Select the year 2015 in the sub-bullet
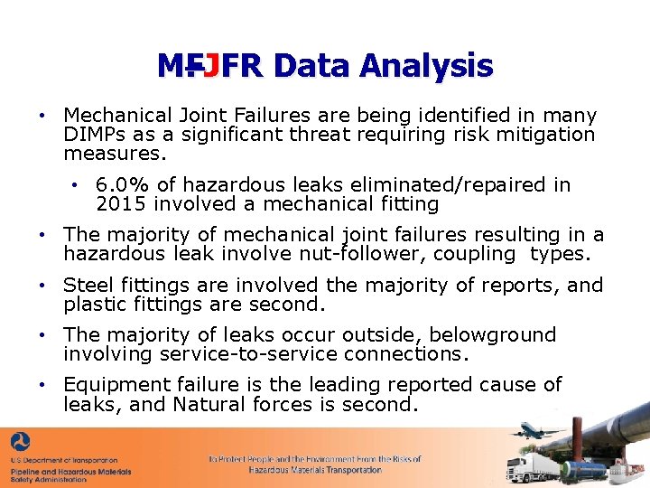click(x=118, y=204)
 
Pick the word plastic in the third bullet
click(x=94, y=305)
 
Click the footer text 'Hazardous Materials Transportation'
click(x=315, y=470)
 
